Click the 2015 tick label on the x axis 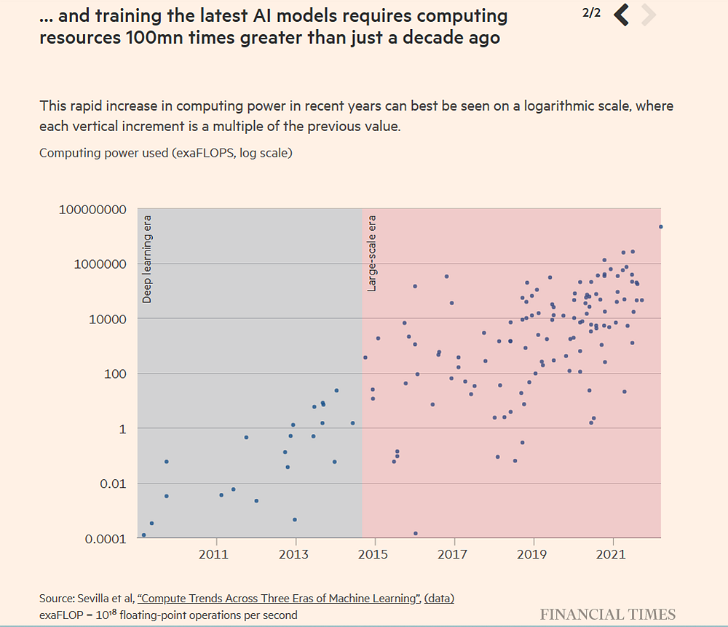[x=375, y=555]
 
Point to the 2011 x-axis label [x=216, y=555]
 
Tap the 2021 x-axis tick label [x=612, y=555]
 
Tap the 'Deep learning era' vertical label [x=147, y=259]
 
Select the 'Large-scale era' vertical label [x=372, y=253]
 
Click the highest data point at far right [x=660, y=226]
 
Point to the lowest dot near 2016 [x=416, y=533]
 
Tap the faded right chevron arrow [x=648, y=15]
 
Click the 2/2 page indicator [x=592, y=13]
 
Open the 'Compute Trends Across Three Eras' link [x=278, y=599]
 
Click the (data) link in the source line [x=440, y=599]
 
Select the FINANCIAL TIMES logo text [x=607, y=614]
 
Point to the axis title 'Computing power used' [x=103, y=153]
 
